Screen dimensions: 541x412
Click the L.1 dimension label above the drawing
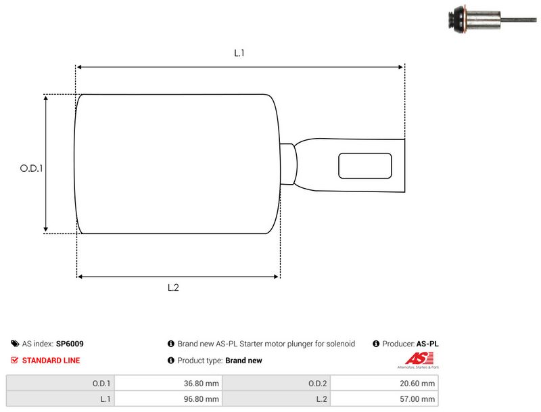(x=239, y=53)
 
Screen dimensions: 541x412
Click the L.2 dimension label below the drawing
(x=173, y=288)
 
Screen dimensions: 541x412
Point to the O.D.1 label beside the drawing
(x=31, y=168)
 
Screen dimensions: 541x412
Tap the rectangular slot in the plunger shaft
(x=365, y=166)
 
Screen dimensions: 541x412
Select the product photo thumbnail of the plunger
(x=492, y=20)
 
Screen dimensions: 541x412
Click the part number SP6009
(x=70, y=344)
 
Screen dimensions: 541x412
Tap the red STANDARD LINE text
(x=51, y=361)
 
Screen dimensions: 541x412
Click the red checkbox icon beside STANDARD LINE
(x=14, y=360)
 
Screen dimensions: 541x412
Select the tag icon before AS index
(x=15, y=344)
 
